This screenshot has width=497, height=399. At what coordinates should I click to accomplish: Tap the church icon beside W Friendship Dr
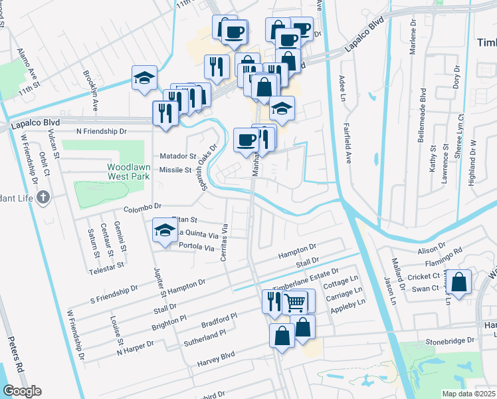(43, 197)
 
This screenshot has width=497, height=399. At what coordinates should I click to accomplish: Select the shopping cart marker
(295, 303)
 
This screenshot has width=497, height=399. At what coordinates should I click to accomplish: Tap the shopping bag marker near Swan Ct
(458, 283)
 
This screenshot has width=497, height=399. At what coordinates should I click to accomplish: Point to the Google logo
(22, 391)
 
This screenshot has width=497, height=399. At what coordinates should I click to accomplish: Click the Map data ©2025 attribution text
(468, 394)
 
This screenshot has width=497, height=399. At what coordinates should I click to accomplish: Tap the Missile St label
(175, 170)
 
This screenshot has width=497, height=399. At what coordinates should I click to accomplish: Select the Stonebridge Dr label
(452, 340)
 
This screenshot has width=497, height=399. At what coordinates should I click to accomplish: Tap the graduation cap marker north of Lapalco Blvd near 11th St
(144, 78)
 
